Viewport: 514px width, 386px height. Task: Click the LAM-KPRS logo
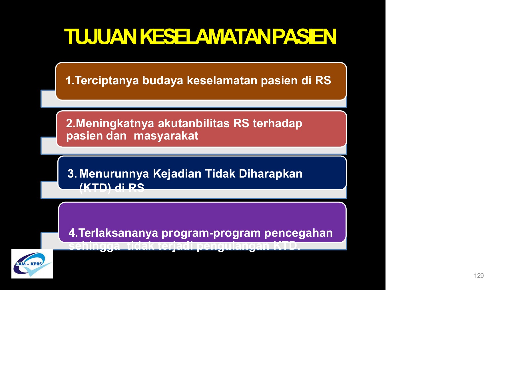32,264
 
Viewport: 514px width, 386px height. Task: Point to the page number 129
479,276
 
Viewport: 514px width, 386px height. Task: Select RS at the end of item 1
323,81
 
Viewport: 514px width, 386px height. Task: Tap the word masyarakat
166,136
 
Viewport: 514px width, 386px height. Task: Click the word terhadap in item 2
277,124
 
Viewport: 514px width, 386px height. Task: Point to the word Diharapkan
270,174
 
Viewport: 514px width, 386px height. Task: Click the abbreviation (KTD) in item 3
95,188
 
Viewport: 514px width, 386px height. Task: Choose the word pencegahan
298,233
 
